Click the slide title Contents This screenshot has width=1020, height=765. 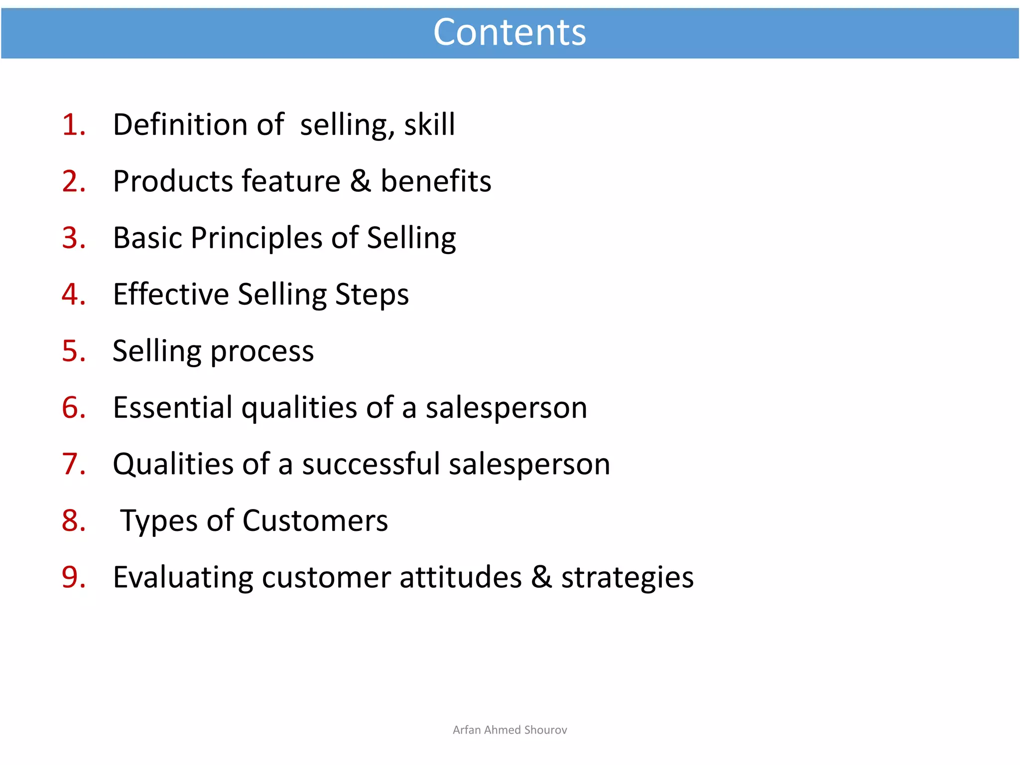[x=510, y=32]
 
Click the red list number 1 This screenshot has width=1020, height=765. [x=73, y=125]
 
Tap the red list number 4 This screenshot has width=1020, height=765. [x=73, y=294]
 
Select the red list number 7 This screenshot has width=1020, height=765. [x=73, y=464]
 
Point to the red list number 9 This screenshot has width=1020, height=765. [x=73, y=577]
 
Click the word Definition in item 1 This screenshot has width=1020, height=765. [x=180, y=125]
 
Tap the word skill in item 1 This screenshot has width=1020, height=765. [x=429, y=125]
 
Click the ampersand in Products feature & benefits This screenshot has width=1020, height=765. [x=361, y=181]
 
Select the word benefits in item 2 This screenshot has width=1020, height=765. [x=436, y=181]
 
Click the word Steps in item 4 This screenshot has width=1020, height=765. [x=372, y=295]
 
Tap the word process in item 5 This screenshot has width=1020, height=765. [x=262, y=352]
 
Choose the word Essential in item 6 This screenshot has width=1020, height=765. [x=172, y=407]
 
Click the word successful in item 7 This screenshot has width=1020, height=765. [x=371, y=464]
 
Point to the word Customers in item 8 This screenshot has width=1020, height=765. [x=315, y=521]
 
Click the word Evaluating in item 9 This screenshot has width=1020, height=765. [x=183, y=578]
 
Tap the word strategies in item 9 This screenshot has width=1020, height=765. [x=627, y=578]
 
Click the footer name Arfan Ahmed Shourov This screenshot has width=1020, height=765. [x=510, y=730]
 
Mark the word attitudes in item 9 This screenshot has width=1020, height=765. [x=460, y=577]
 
